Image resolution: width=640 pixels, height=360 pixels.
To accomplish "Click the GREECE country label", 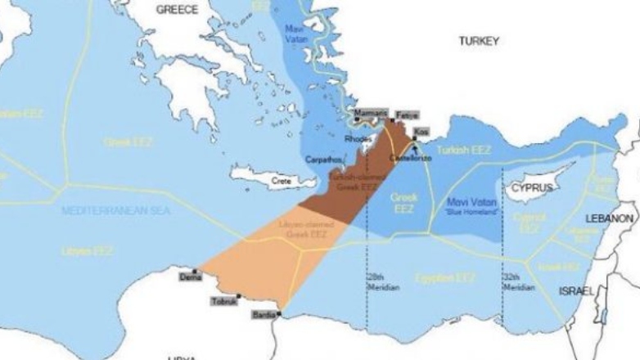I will click(x=178, y=10).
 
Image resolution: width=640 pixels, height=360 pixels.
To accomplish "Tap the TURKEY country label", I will click(x=479, y=40).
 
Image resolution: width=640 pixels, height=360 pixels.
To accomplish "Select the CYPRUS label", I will click(x=533, y=187).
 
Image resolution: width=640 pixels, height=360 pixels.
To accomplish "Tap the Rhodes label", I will click(x=358, y=138).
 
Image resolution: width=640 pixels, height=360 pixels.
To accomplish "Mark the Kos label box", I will click(x=421, y=131).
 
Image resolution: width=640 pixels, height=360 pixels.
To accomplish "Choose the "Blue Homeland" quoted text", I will click(x=466, y=212).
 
